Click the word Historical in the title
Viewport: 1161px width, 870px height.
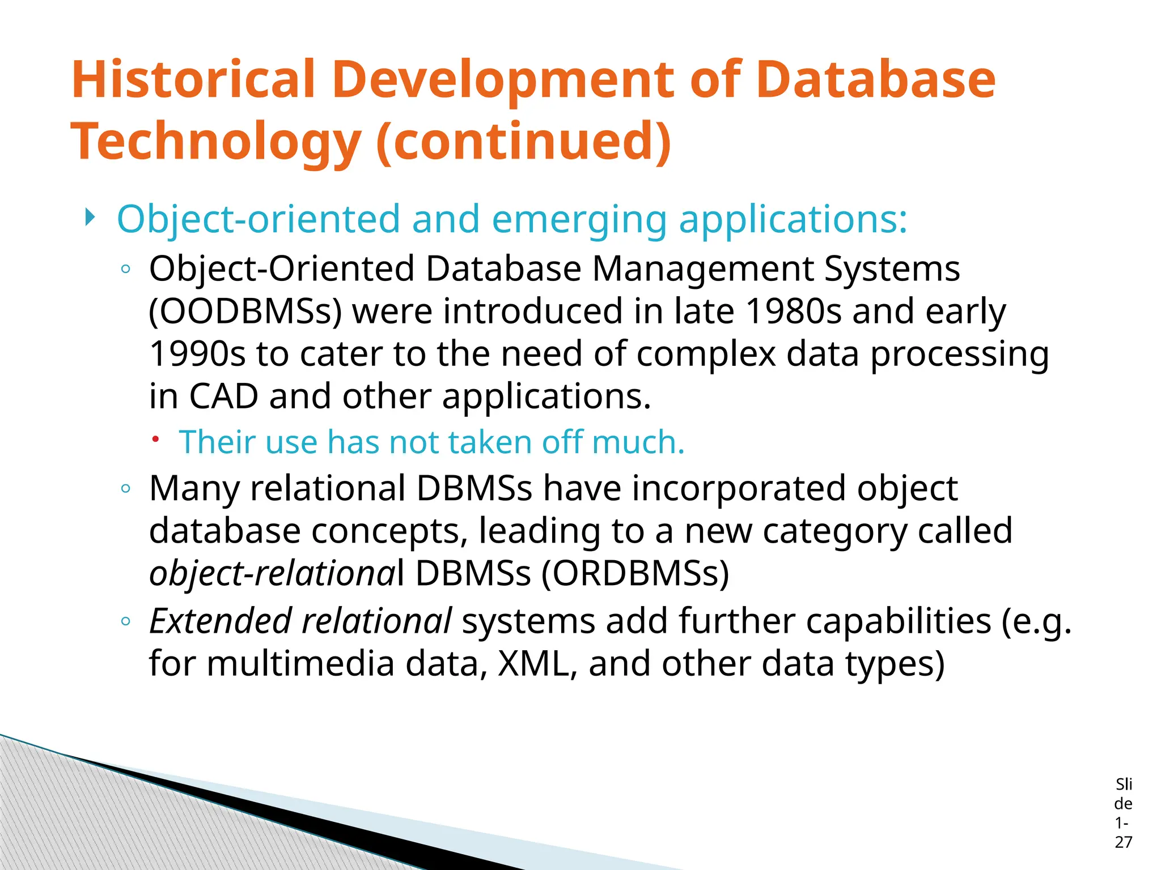(x=193, y=79)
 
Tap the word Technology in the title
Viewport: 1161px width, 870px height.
(x=215, y=142)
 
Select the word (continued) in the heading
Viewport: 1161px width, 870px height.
(x=524, y=142)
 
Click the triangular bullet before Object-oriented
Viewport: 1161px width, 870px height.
(x=90, y=217)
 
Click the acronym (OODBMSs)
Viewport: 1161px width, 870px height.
(x=245, y=312)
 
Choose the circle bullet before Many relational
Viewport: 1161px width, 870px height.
(x=126, y=488)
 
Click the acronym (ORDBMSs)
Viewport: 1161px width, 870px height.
(x=635, y=573)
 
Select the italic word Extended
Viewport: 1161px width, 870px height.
(x=220, y=621)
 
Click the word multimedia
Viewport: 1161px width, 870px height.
(x=300, y=663)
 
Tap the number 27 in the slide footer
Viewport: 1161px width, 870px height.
(x=1123, y=842)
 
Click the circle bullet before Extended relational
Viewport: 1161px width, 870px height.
(x=126, y=621)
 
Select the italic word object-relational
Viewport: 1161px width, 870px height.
(x=272, y=573)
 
